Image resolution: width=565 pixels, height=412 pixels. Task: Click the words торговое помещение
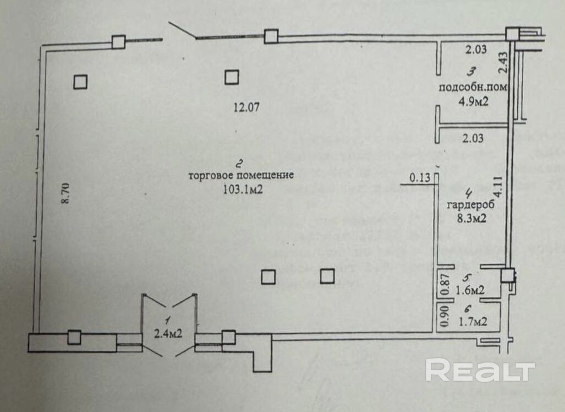point(241,176)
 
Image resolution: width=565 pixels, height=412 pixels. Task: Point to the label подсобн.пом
point(473,88)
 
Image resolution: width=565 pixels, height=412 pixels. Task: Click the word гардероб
point(471,205)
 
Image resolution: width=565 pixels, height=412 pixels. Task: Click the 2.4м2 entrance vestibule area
point(169,333)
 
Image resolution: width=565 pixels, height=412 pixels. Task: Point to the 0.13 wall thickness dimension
point(419,178)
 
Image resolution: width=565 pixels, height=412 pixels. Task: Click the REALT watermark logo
point(480,370)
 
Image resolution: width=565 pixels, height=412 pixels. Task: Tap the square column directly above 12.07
point(232,77)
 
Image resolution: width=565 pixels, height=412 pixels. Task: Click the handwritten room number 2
point(239,163)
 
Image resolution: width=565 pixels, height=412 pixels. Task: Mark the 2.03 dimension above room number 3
point(476,50)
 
